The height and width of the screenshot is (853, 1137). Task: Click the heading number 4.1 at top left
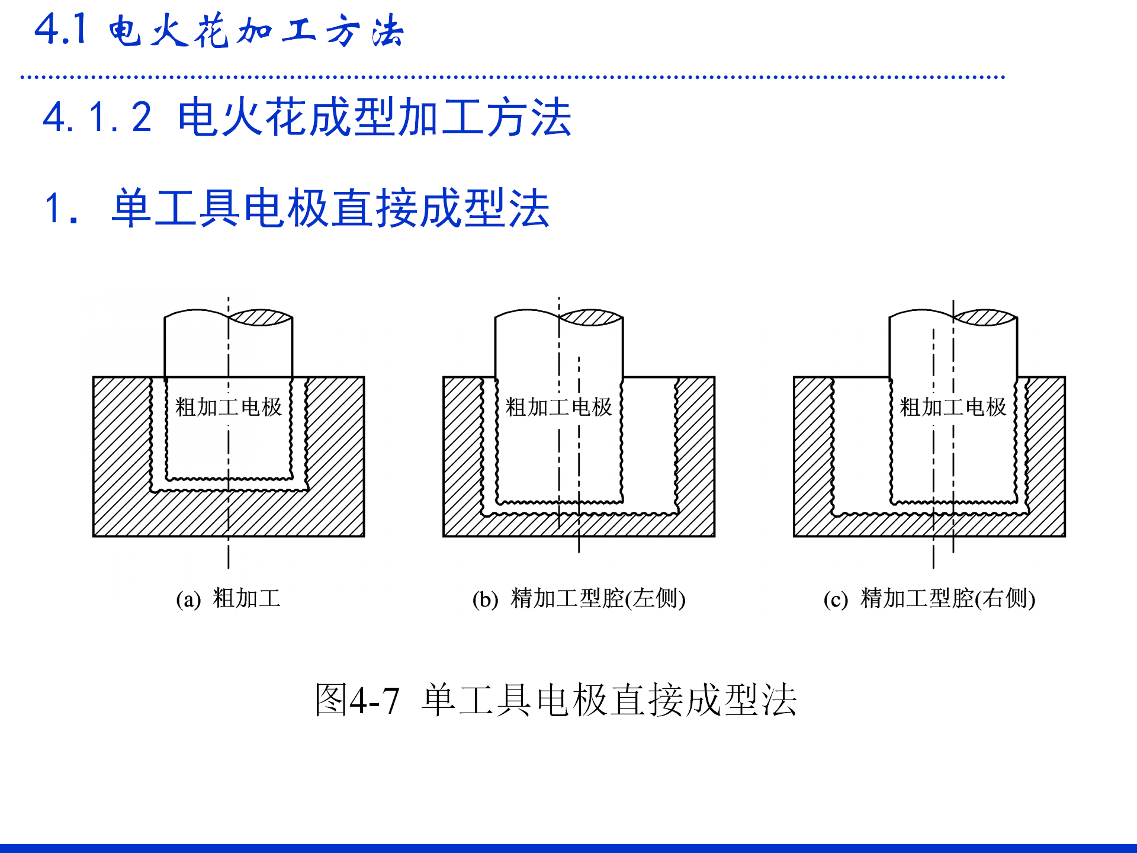coord(61,30)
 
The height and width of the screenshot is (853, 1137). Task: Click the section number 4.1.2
coord(98,117)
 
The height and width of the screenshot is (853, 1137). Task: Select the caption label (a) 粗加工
coord(228,598)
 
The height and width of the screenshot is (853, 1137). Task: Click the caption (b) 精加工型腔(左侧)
coord(579,598)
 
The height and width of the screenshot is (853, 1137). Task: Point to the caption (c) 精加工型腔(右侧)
coord(929,598)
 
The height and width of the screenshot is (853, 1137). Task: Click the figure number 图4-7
coord(357,700)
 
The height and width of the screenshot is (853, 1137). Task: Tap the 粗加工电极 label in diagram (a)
coord(229,407)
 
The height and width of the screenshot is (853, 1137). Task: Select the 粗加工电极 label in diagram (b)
coord(558,407)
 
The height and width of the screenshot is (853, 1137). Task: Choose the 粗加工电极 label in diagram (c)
coord(953,407)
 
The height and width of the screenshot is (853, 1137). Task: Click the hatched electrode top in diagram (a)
coord(261,318)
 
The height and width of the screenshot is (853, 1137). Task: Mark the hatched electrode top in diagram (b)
coord(591,318)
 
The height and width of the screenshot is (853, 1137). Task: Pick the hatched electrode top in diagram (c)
coord(985,318)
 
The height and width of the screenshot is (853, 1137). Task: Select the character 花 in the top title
coord(212,31)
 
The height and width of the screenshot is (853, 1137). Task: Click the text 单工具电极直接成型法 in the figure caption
coord(609,700)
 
